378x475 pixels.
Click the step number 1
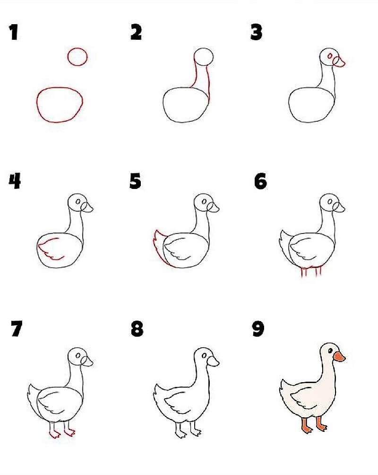click(x=14, y=32)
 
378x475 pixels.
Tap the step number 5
click(x=135, y=181)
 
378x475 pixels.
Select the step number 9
click(x=258, y=329)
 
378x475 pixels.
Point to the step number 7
click(x=17, y=329)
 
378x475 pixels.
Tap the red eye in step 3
click(x=330, y=56)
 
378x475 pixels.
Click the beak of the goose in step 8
click(x=213, y=361)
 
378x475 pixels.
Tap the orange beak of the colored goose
click(x=339, y=357)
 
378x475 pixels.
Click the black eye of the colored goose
click(x=330, y=350)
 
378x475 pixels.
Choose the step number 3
click(x=256, y=32)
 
